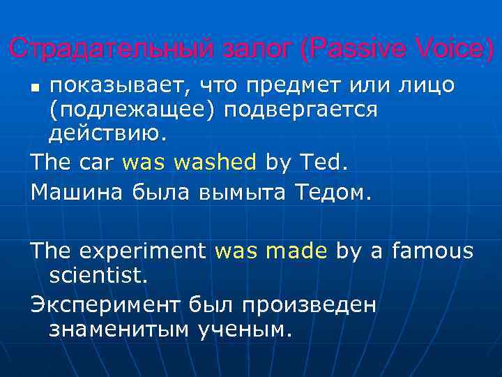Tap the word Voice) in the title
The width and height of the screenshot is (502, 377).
[456, 49]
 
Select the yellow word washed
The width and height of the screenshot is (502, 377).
[215, 163]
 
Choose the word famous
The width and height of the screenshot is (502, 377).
[432, 250]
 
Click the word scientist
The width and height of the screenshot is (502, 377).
[98, 274]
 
